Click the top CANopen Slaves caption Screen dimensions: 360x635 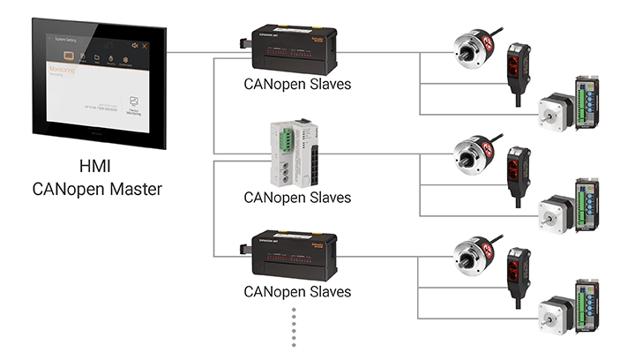(297, 86)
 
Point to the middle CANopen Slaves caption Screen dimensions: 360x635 (297, 197)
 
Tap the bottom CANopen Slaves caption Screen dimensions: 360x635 (297, 291)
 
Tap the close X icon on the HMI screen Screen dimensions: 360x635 (145, 45)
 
